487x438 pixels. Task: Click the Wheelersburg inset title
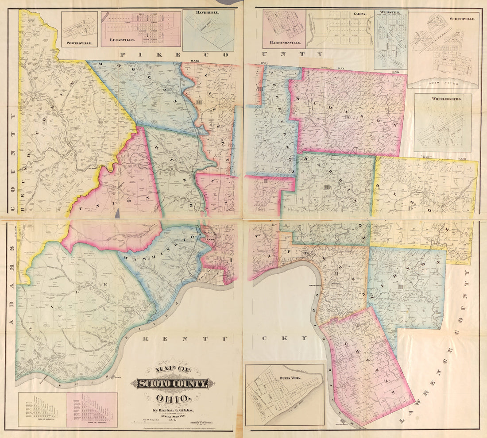coord(443,100)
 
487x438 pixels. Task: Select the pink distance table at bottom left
coord(92,410)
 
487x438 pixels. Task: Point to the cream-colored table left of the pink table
coord(42,410)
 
